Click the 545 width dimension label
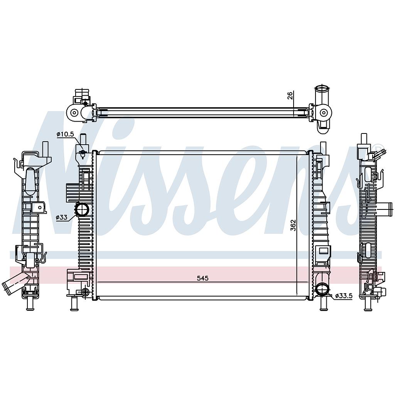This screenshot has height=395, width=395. coord(203,278)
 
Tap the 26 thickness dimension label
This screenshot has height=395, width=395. coord(290,96)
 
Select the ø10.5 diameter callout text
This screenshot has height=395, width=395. coord(65,134)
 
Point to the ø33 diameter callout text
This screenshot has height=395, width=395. coord(62,217)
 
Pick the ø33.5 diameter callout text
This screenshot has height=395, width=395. coord(344,296)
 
